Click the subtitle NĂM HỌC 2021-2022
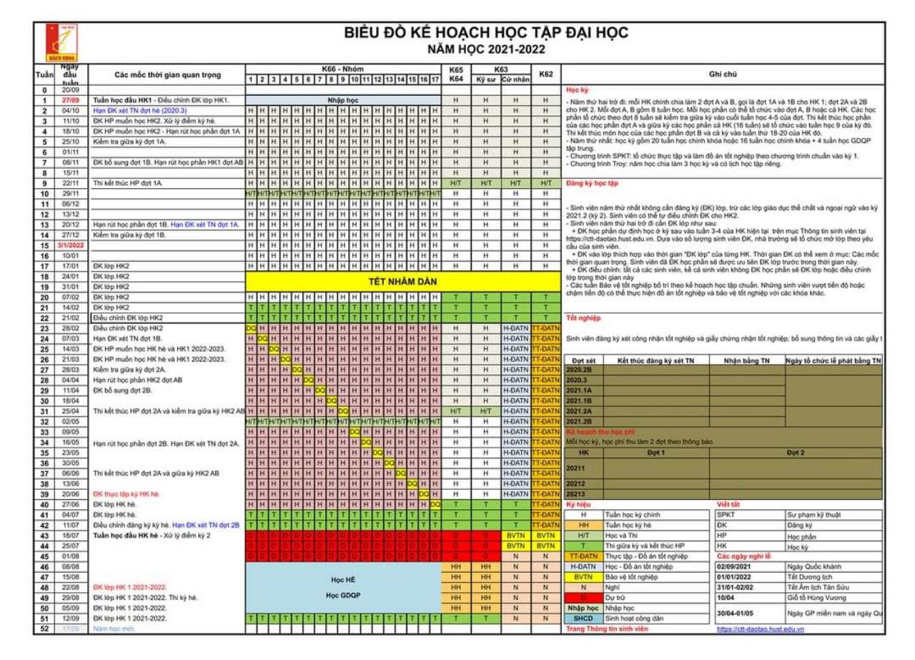pyautogui.click(x=486, y=49)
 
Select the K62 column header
pyautogui.click(x=545, y=74)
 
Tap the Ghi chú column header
pyautogui.click(x=722, y=74)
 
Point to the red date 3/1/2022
pyautogui.click(x=69, y=245)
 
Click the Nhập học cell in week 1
pyautogui.click(x=342, y=100)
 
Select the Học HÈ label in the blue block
pyautogui.click(x=343, y=581)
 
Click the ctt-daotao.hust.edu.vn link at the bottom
pyautogui.click(x=760, y=629)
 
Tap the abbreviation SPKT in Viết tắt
pyautogui.click(x=726, y=514)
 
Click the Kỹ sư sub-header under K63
pyautogui.click(x=485, y=79)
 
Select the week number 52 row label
pyautogui.click(x=44, y=629)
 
